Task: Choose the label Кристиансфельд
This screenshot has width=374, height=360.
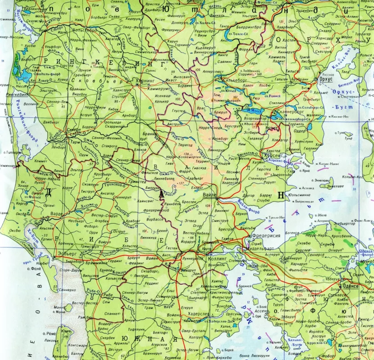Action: click(214, 292)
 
